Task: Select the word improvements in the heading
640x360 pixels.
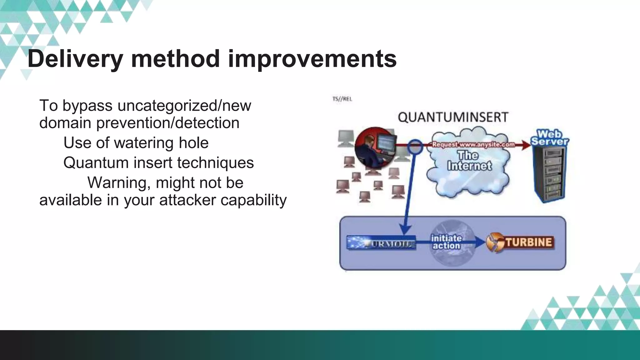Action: click(x=312, y=59)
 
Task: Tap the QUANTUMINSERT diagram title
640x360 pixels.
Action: click(x=453, y=117)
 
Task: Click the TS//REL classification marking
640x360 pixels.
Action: click(x=342, y=99)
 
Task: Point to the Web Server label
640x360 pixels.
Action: click(x=550, y=138)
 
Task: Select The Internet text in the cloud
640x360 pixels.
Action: click(x=469, y=161)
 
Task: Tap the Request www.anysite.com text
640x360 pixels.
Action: click(x=473, y=145)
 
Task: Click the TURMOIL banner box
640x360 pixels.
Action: click(x=381, y=243)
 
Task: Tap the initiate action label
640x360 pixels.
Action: click(x=446, y=242)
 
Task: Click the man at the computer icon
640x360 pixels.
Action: click(x=375, y=147)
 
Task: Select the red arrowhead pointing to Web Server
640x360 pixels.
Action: click(x=526, y=145)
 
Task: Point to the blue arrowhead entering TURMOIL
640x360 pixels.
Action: click(x=405, y=231)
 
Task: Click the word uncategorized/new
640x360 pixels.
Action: click(x=184, y=106)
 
